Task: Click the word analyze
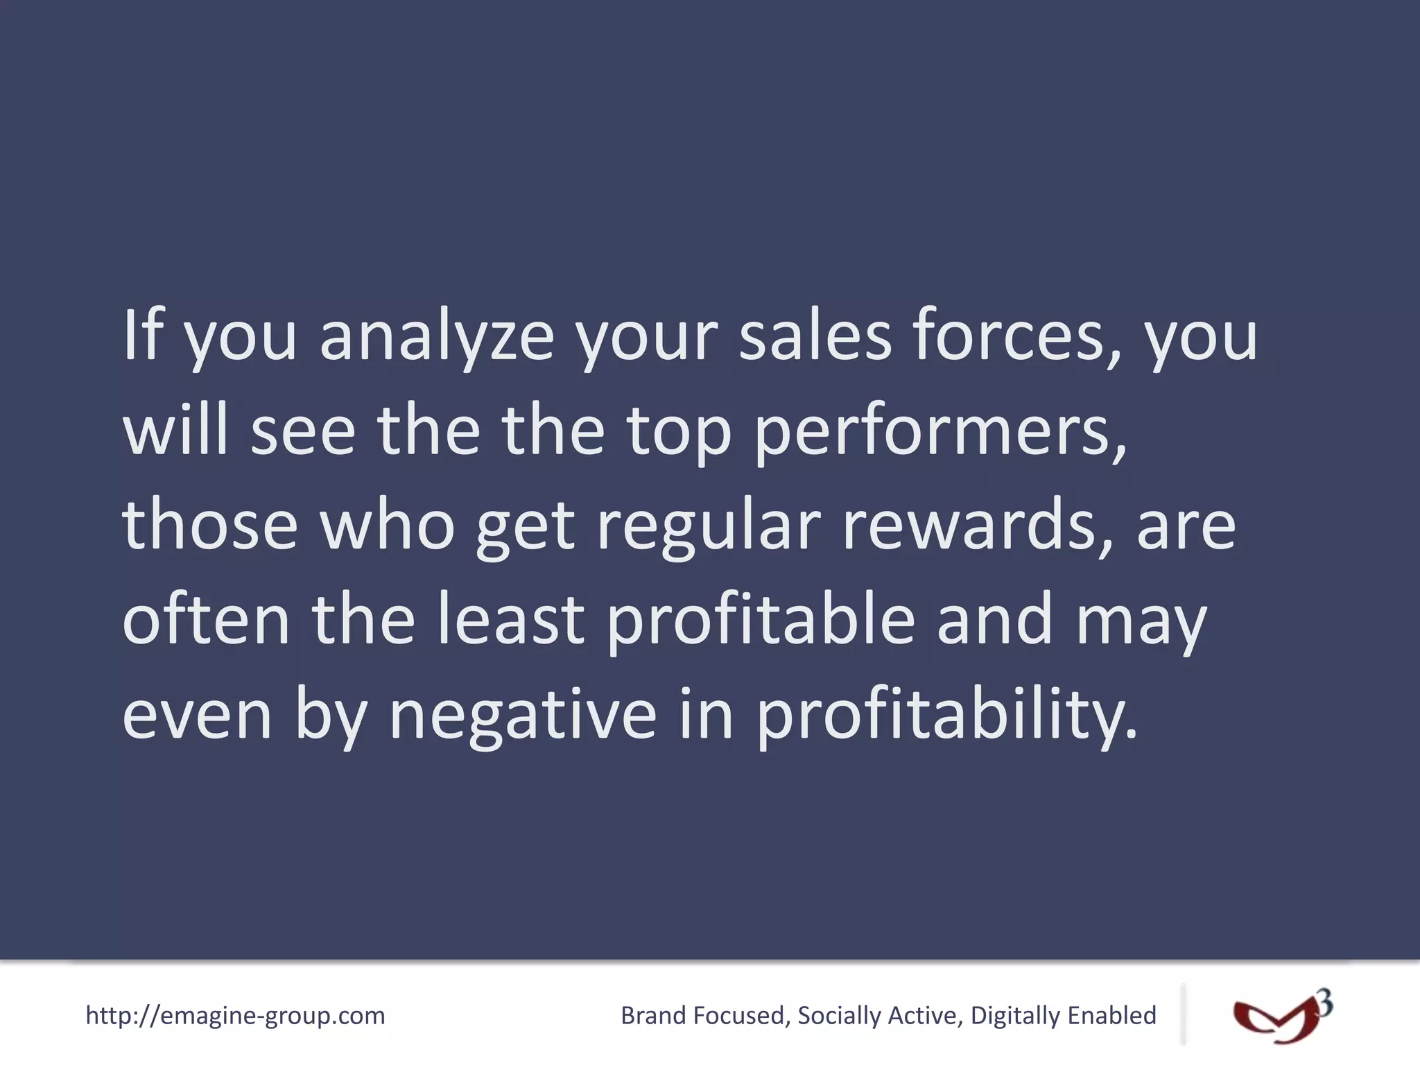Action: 437,338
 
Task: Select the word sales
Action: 815,336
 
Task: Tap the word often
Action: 206,619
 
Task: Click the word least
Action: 511,619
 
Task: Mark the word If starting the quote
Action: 142,336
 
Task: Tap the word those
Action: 210,525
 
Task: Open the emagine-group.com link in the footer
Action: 235,1016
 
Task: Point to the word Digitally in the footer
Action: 1014,1016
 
